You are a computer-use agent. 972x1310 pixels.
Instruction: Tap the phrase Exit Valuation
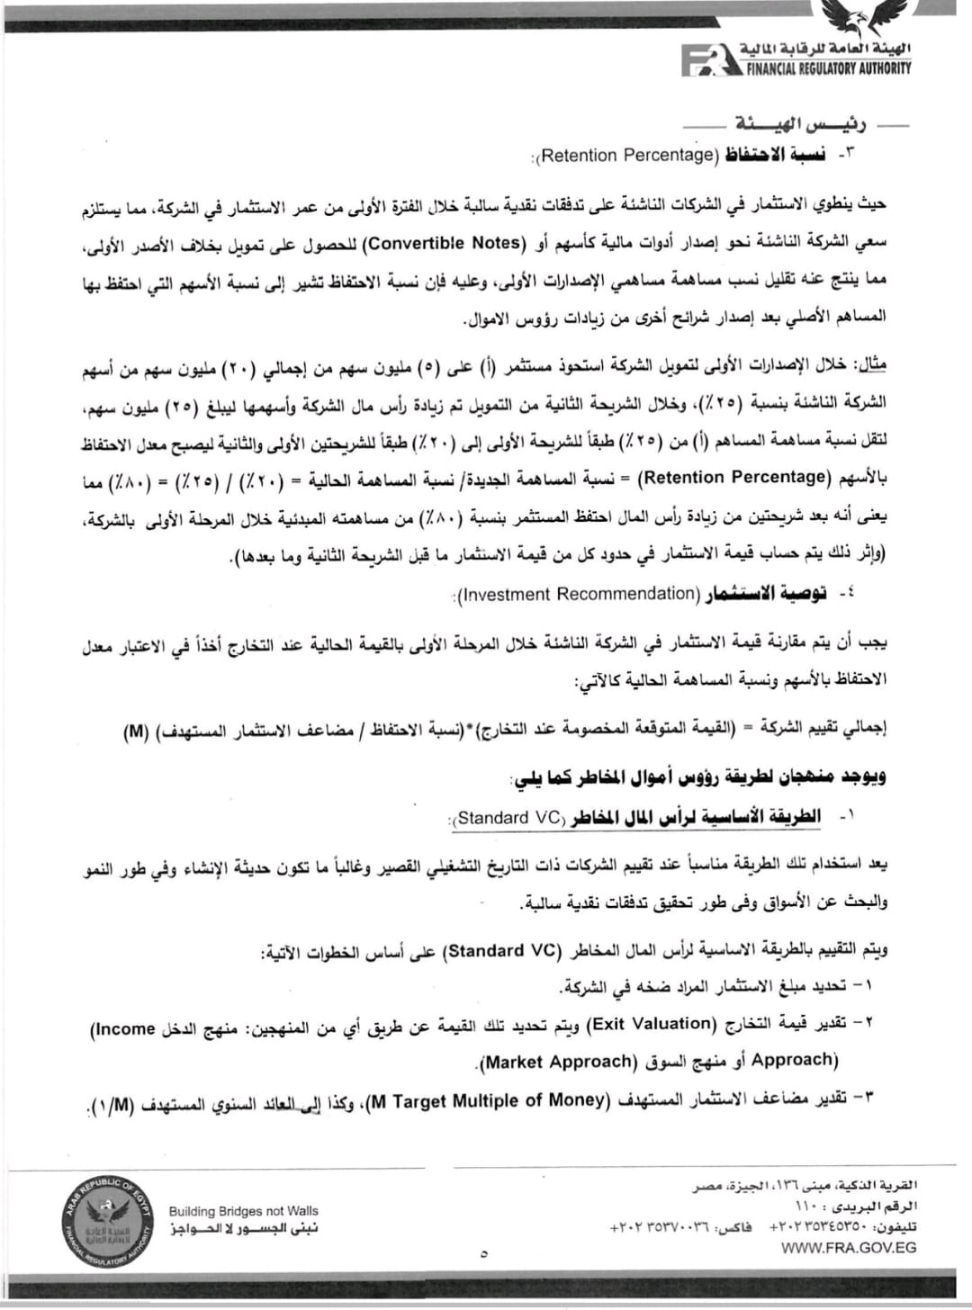point(650,1023)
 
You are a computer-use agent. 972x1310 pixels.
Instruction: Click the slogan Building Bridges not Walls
point(243,1211)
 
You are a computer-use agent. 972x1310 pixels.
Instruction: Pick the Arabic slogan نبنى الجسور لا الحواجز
point(243,1228)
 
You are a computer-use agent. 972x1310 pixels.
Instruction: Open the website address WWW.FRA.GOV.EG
point(838,1248)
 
